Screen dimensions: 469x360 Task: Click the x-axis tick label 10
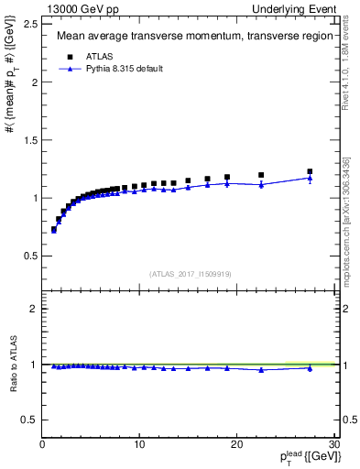point(139,444)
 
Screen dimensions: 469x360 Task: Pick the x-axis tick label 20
point(236,444)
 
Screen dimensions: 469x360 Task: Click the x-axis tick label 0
point(42,444)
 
